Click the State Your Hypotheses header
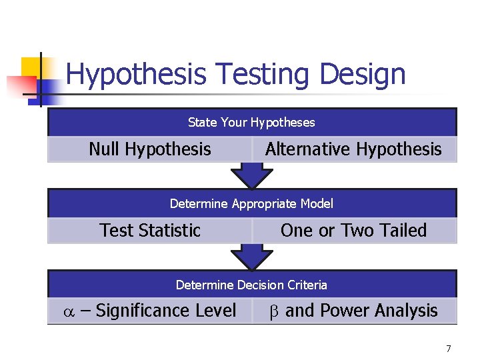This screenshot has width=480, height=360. click(x=251, y=123)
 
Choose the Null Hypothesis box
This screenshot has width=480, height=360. click(x=149, y=149)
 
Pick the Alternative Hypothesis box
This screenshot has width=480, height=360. click(x=353, y=149)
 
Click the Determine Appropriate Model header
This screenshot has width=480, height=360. click(x=251, y=204)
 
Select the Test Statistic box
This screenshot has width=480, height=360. click(x=149, y=231)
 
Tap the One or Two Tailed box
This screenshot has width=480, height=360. click(x=353, y=231)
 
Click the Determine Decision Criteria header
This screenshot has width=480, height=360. click(x=251, y=285)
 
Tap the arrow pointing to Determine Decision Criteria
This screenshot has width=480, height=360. click(x=251, y=257)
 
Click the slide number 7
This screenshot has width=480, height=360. click(x=448, y=349)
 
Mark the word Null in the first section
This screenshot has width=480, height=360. click(x=105, y=149)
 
